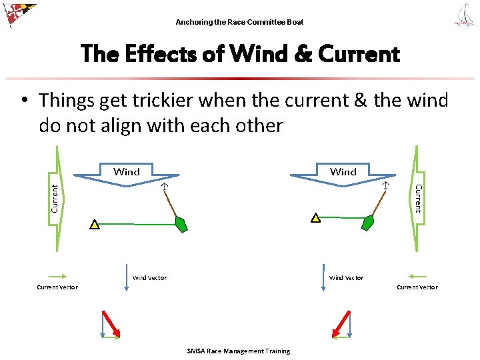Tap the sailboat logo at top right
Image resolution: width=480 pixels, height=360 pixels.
pyautogui.click(x=465, y=15)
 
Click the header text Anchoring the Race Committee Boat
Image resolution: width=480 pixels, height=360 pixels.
pyautogui.click(x=239, y=22)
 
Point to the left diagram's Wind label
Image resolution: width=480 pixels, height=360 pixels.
pyautogui.click(x=127, y=171)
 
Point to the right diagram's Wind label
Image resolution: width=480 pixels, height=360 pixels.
pyautogui.click(x=343, y=171)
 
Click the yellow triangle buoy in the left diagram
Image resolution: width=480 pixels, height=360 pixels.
pyautogui.click(x=95, y=225)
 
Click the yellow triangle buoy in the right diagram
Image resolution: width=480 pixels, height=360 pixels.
pyautogui.click(x=315, y=218)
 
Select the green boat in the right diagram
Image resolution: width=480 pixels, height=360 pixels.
pyautogui.click(x=367, y=223)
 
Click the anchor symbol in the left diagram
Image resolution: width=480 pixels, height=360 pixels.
pyautogui.click(x=164, y=187)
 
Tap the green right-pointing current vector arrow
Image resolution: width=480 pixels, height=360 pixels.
pyautogui.click(x=57, y=276)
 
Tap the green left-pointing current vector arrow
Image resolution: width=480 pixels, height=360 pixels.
pyautogui.click(x=417, y=276)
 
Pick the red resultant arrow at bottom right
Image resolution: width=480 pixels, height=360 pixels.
pyautogui.click(x=341, y=324)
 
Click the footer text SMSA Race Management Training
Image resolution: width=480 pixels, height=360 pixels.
pyautogui.click(x=239, y=351)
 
